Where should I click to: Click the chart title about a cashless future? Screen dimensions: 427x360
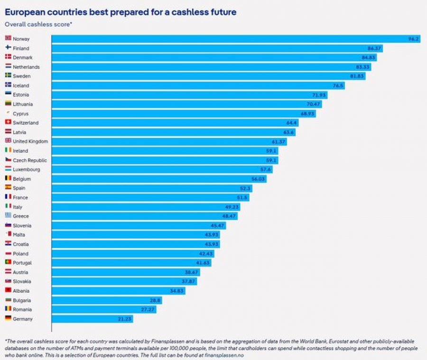pos(121,12)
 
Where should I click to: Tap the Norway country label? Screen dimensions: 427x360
pos(21,39)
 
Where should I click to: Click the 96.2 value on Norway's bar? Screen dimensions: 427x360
pos(413,39)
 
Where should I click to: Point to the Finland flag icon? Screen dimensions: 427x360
pos(8,47)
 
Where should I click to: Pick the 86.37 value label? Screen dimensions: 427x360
pos(374,48)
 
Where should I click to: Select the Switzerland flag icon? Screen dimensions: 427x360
pos(8,122)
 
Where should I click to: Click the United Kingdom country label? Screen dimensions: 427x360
pos(30,141)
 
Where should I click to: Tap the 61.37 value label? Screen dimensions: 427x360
pos(278,142)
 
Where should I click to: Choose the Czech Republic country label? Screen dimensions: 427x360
pos(30,160)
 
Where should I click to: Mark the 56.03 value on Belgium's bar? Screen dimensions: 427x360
pos(258,179)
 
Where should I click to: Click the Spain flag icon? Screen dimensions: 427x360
pos(8,187)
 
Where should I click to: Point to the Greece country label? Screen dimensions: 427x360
pos(21,216)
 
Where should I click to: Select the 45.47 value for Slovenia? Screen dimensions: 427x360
pos(217,225)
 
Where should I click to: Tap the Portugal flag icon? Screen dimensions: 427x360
pos(8,262)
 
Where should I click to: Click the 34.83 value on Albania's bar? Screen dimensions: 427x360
pos(177,291)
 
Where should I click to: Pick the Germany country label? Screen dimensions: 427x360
pos(23,319)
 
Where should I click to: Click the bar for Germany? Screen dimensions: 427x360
pos(93,319)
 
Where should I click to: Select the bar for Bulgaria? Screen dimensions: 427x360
pos(107,300)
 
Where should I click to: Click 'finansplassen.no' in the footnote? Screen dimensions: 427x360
pos(224,355)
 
